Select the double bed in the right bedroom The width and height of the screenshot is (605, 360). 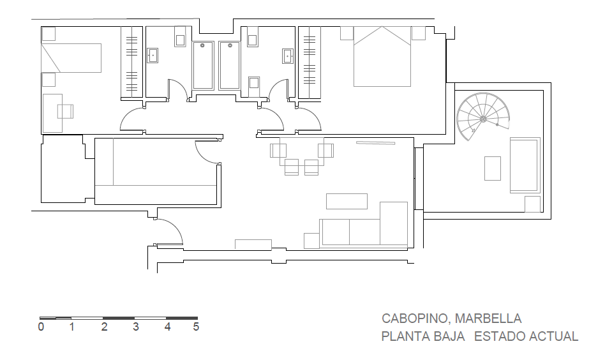pos(382,56)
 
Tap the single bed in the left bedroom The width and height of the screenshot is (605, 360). pos(71,58)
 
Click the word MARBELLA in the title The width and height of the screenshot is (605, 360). pos(488,319)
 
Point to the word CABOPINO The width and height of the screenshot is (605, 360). pos(415,319)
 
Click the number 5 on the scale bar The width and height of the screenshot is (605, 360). pos(196,327)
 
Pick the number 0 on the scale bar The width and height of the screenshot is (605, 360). pos(41,327)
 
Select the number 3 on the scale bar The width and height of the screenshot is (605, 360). pos(135,327)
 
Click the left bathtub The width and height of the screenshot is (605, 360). pos(203,66)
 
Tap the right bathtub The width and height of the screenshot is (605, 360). pos(230,66)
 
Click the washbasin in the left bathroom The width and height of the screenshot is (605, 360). pos(153,56)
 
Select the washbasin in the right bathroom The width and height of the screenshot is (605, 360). pos(287,56)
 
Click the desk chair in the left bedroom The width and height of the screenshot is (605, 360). pos(65,112)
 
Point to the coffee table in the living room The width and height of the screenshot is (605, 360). pos(347,202)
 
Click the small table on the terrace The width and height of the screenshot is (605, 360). pos(493,169)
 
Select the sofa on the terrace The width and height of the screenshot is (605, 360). pos(525,165)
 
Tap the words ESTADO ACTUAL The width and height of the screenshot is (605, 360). pos(526,336)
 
